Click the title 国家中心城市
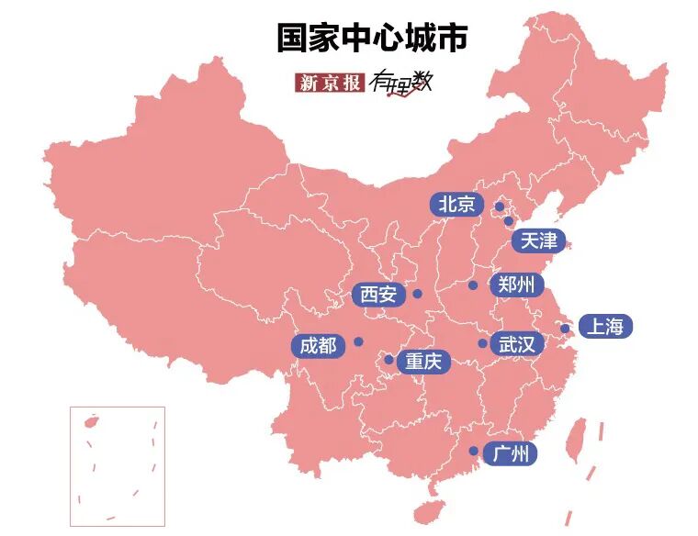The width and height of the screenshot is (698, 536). point(373,38)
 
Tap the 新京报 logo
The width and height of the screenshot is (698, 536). point(330,82)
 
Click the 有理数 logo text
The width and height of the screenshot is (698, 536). point(400,83)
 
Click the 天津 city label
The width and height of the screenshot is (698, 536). point(538,241)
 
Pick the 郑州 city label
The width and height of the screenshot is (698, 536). point(516,285)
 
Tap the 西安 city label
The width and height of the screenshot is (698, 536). point(378,295)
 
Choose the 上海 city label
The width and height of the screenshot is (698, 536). point(606,328)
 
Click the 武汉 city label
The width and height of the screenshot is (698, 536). point(516,344)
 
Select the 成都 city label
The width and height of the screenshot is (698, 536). point(319,346)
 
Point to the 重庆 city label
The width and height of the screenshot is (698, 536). point(423,362)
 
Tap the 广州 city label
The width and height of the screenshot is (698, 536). point(510,453)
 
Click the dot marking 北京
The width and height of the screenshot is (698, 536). point(500,207)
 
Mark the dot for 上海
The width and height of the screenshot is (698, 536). point(566,329)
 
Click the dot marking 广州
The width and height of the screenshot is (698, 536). point(473,452)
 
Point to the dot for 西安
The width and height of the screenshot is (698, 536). point(417,295)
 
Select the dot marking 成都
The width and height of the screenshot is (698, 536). point(358,341)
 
